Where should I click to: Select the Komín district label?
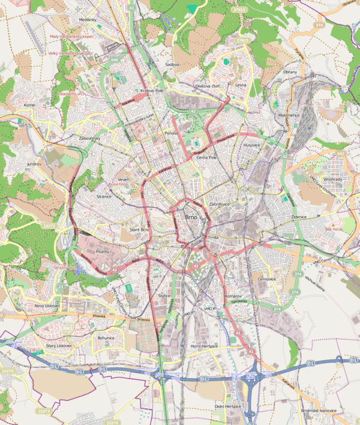pos(30,105)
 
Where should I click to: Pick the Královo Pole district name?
pos(152,91)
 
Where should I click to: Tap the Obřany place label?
pos(290,72)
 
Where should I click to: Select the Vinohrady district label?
pos(332,179)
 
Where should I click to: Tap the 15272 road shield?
pos(50,226)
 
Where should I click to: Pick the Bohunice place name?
pos(106,337)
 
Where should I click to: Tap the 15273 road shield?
pos(43,411)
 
